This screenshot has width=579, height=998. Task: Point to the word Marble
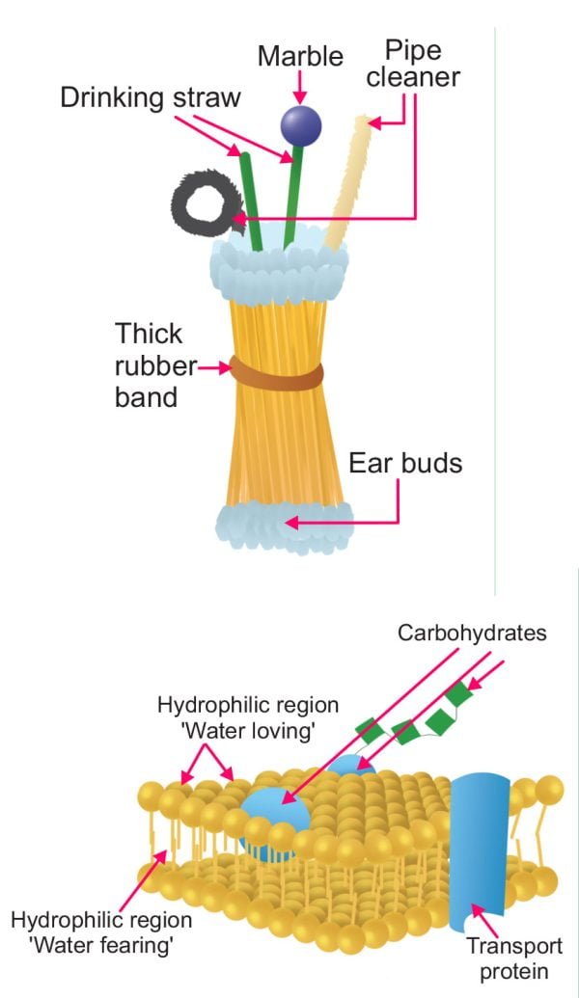(x=300, y=56)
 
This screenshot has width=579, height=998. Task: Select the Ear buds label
(x=405, y=464)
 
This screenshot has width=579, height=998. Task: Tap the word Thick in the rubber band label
(x=148, y=335)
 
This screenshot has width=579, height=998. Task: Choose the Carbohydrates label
(x=472, y=634)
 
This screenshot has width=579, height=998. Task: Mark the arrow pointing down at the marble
(x=300, y=89)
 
